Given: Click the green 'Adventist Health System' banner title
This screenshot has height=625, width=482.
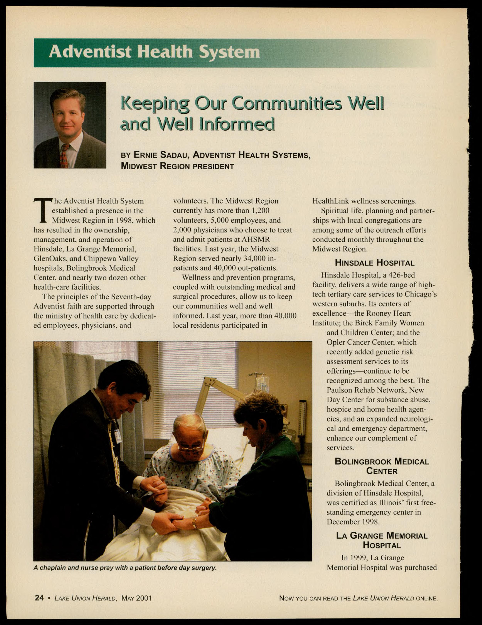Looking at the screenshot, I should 154,52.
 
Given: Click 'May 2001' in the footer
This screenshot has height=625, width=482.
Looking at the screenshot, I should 137,598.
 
